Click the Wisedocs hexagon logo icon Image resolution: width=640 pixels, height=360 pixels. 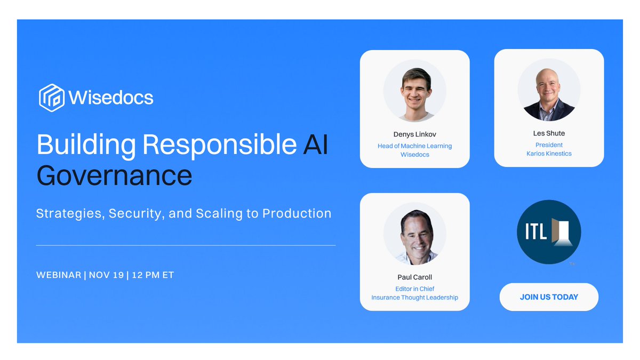click(x=52, y=98)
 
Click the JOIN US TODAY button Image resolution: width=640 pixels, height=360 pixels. click(x=549, y=297)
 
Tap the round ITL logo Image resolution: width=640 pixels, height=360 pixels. click(x=549, y=232)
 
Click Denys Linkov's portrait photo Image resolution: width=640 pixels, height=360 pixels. click(x=415, y=91)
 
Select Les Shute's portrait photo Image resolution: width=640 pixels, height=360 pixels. click(x=549, y=90)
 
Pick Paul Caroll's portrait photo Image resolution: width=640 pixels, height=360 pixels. click(x=415, y=234)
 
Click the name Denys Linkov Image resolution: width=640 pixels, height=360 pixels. click(x=415, y=134)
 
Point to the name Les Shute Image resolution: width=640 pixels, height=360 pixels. click(x=549, y=133)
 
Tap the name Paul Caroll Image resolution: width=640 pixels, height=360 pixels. click(x=415, y=277)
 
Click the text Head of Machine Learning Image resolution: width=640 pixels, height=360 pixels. click(x=415, y=146)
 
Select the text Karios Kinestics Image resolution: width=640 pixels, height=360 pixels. click(x=549, y=154)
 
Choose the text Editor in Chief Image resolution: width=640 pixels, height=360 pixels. click(x=415, y=289)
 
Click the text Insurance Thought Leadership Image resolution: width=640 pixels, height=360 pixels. click(x=415, y=298)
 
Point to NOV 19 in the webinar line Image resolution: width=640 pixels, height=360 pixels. click(x=106, y=275)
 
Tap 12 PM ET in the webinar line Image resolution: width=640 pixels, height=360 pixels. click(x=153, y=275)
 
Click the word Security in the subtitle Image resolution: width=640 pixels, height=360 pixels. click(x=137, y=213)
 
